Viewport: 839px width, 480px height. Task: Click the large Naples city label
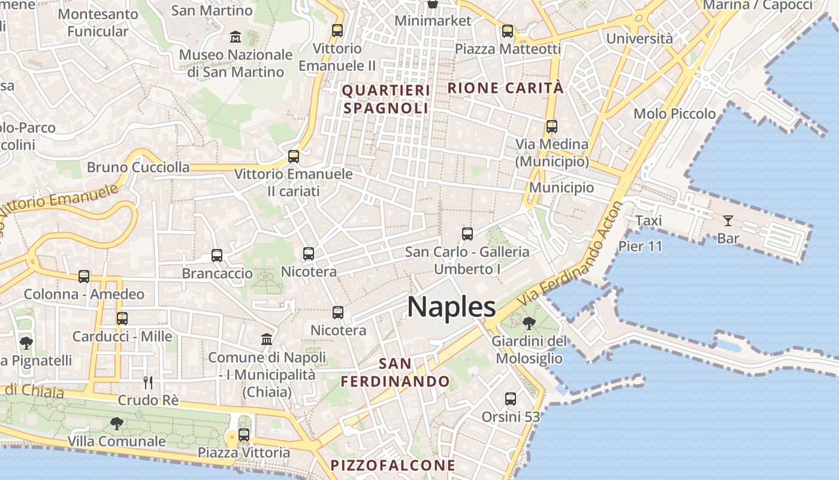pyautogui.click(x=451, y=307)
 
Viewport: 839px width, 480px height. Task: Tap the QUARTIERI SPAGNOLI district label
pyautogui.click(x=386, y=99)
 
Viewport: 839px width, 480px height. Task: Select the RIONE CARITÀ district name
pyautogui.click(x=505, y=88)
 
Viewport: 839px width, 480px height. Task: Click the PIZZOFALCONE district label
pyautogui.click(x=393, y=465)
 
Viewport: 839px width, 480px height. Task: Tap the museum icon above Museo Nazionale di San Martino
pyautogui.click(x=236, y=37)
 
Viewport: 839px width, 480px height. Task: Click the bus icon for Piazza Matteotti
pyautogui.click(x=508, y=31)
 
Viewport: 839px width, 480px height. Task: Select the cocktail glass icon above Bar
pyautogui.click(x=728, y=221)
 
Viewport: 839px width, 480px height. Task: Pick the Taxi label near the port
pyautogui.click(x=648, y=221)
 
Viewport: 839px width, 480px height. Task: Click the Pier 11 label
pyautogui.click(x=640, y=246)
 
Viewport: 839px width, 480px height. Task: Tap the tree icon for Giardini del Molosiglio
pyautogui.click(x=529, y=324)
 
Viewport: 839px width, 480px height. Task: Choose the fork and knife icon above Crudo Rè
pyautogui.click(x=148, y=382)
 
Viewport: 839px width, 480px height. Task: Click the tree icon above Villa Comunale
pyautogui.click(x=117, y=424)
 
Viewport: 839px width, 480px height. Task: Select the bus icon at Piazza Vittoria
pyautogui.click(x=244, y=435)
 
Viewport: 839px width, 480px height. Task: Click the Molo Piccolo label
pyautogui.click(x=674, y=113)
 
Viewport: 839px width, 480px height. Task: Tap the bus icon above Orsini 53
pyautogui.click(x=511, y=398)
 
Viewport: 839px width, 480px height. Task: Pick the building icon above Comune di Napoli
pyautogui.click(x=267, y=340)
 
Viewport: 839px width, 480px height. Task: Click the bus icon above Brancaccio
pyautogui.click(x=217, y=256)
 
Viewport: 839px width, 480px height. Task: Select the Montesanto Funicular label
pyautogui.click(x=98, y=22)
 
